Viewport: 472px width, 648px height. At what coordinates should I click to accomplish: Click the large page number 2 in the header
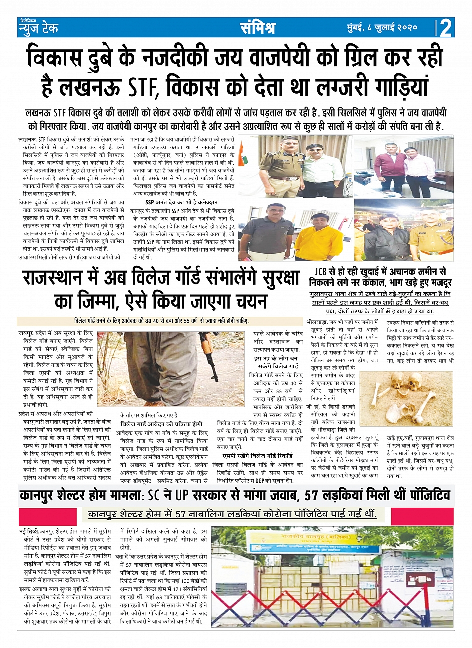446,28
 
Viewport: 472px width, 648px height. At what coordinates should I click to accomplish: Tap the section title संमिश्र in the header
257,28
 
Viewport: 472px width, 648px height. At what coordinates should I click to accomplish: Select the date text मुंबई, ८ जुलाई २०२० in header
382,28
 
